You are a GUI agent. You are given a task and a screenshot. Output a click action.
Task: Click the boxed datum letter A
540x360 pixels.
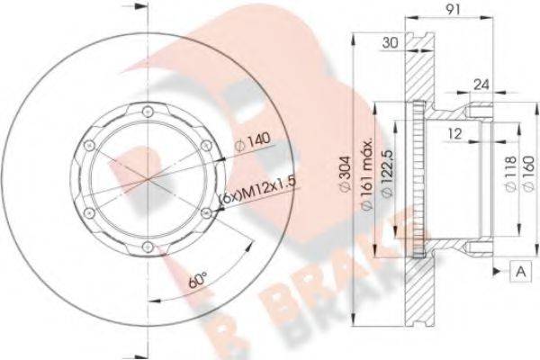pos(520,269)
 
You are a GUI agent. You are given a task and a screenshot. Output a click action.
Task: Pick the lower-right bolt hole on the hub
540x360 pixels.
pos(207,212)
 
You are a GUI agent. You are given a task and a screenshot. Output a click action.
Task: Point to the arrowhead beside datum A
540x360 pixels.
pos(496,269)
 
